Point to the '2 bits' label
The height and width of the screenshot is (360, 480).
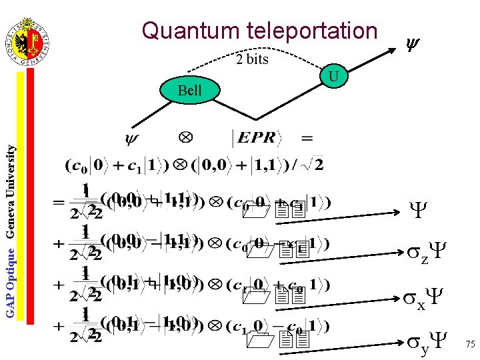[x=253, y=60]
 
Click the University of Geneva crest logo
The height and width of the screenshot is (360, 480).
[x=30, y=42]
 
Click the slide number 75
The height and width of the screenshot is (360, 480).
[x=470, y=345]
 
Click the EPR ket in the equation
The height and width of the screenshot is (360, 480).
[x=256, y=138]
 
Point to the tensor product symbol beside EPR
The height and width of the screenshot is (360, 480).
[x=186, y=137]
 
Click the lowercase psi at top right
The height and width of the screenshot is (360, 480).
[x=412, y=45]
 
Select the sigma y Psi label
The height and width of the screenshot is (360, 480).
[x=421, y=341]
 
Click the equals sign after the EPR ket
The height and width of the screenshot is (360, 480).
[x=307, y=138]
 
